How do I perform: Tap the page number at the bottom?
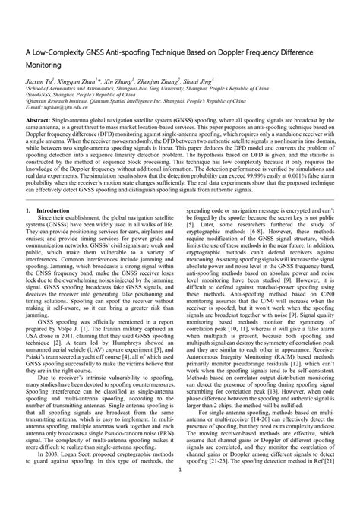point(179,492)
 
